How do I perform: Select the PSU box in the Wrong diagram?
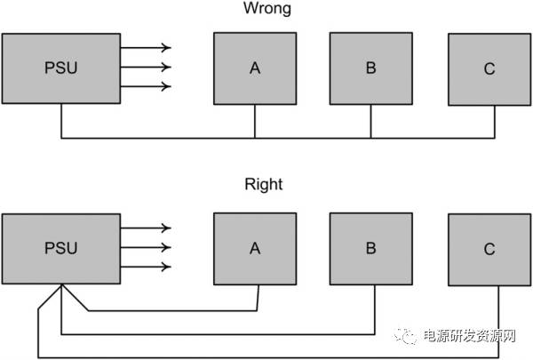tap(61, 68)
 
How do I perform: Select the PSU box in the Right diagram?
tap(61, 248)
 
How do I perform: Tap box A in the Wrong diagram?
tap(255, 68)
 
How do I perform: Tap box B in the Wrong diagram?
tap(370, 68)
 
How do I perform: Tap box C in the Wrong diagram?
tap(489, 69)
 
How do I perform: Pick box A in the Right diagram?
tap(255, 248)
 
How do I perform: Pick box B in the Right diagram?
tap(370, 248)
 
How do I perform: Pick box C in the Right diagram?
tap(489, 249)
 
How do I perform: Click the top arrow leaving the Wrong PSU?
tap(146, 48)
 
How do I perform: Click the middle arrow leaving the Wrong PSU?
tap(146, 68)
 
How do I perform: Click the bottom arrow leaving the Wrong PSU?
tap(146, 87)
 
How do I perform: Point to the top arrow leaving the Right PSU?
tap(146, 228)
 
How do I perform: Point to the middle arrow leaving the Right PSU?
tap(146, 248)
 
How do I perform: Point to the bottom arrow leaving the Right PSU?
tap(146, 268)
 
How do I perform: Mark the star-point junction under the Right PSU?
tap(61, 284)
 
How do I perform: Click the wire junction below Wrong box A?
tap(255, 138)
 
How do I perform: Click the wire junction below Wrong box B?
tap(370, 138)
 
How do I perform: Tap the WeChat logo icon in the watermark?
tap(410, 335)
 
